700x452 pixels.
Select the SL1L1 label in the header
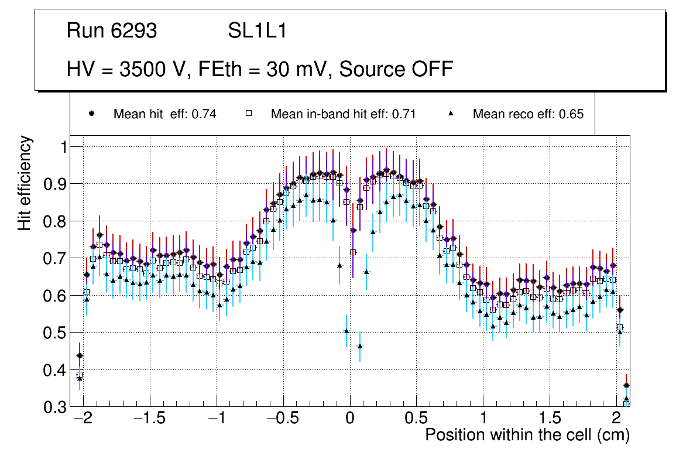coord(257,31)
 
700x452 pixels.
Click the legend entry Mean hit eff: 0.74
coord(164,114)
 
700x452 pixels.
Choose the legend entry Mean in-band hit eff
coord(343,114)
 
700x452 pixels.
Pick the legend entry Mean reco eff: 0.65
coord(528,114)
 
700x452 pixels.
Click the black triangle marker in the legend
coord(451,114)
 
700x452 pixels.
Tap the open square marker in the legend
coord(248,114)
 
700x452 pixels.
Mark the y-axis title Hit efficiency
coord(25,183)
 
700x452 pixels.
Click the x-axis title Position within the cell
coord(527,435)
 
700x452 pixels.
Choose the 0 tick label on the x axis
coord(350,419)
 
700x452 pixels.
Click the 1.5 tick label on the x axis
coord(550,419)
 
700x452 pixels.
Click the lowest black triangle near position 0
coord(360,347)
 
